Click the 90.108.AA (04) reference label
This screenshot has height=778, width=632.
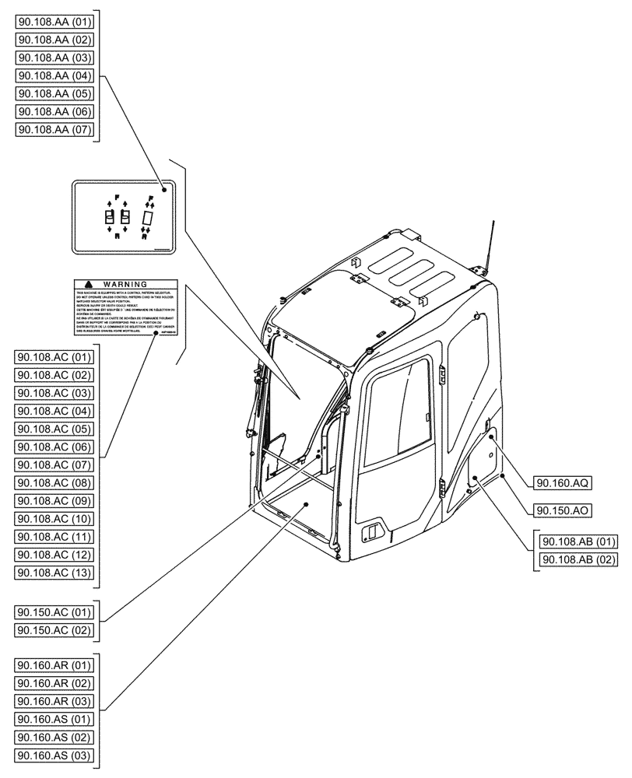point(54,75)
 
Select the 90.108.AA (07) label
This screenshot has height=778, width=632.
point(54,129)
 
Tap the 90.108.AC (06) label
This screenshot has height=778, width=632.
point(54,447)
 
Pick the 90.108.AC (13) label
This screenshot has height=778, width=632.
point(54,573)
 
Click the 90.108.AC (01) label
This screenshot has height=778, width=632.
point(54,358)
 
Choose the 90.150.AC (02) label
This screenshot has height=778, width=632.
point(54,629)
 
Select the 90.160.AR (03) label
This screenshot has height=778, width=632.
point(54,701)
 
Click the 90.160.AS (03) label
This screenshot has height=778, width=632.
point(54,755)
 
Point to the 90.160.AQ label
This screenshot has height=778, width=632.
point(563,483)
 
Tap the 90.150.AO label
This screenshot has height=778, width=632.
point(563,510)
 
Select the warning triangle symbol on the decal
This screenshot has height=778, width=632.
point(90,286)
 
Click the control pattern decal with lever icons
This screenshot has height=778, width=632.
point(125,217)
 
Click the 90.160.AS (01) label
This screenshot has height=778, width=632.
point(54,719)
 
